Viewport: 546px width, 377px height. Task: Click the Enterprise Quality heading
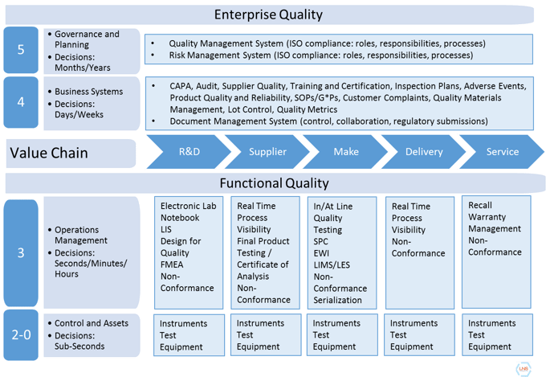click(268, 14)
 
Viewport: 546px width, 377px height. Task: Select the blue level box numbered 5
click(21, 50)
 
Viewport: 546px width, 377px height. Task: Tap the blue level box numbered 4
click(21, 102)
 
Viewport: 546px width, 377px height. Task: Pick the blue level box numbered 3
click(21, 253)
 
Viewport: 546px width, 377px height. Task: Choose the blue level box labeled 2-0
click(21, 335)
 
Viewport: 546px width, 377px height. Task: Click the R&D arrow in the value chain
click(189, 152)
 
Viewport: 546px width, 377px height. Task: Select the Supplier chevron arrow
click(267, 152)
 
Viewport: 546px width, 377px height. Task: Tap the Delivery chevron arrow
click(424, 152)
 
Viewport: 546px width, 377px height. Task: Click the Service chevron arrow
click(502, 152)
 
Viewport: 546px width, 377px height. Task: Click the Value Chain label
click(49, 153)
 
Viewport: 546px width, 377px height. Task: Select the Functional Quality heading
click(274, 183)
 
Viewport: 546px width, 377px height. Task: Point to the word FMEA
click(172, 264)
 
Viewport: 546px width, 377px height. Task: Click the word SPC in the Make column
click(320, 241)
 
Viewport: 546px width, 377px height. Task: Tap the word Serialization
click(337, 300)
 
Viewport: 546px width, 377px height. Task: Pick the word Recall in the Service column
click(480, 205)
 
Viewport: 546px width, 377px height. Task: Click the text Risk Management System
click(220, 55)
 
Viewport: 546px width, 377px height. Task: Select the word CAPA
click(181, 86)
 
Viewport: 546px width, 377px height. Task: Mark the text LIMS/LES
click(332, 265)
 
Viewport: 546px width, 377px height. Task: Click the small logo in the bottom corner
click(524, 369)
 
